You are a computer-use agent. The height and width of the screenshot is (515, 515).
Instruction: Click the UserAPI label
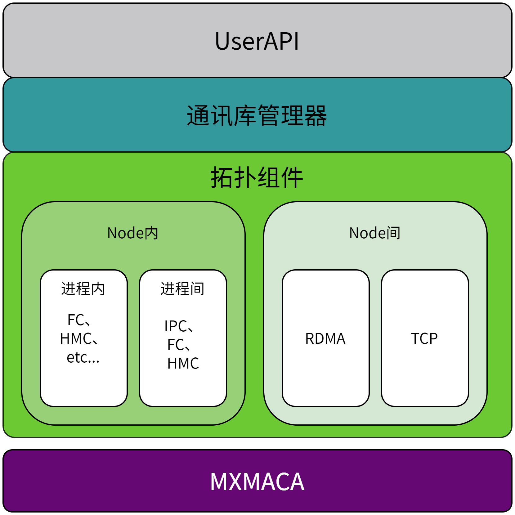[257, 41]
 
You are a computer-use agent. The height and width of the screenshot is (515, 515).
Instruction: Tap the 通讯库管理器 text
[257, 115]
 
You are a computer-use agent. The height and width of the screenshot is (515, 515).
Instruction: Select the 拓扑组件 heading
[257, 177]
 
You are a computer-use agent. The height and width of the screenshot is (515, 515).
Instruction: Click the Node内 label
[133, 233]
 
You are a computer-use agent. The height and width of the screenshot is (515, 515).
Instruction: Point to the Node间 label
[375, 233]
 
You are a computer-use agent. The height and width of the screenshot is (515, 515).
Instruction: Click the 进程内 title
[83, 289]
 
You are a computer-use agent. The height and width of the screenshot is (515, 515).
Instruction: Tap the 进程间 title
[182, 289]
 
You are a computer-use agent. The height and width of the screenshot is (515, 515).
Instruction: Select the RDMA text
[325, 338]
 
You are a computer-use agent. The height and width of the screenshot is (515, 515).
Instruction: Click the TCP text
[424, 338]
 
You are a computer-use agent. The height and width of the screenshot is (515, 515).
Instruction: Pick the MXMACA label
[257, 481]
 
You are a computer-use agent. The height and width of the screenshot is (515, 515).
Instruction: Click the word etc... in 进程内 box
[83, 358]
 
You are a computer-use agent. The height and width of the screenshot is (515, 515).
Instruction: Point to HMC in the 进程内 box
[76, 338]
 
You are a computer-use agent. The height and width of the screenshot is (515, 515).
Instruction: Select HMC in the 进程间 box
[183, 363]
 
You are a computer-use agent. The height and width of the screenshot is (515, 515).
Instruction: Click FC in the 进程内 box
[76, 320]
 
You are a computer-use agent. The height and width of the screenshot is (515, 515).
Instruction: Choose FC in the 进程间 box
[176, 345]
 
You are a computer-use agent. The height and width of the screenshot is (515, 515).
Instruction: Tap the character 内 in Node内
[151, 233]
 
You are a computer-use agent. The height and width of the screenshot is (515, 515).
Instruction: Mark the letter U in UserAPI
[223, 41]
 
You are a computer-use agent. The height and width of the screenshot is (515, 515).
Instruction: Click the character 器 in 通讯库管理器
[316, 115]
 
